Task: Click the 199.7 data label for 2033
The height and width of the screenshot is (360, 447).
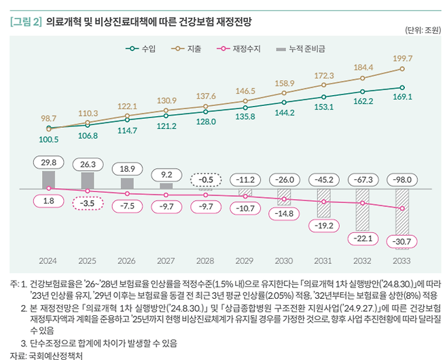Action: coord(403,58)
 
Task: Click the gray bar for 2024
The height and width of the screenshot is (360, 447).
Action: coord(48,179)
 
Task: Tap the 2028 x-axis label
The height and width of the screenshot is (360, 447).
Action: coord(206,261)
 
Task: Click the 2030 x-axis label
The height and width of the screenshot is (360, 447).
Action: coord(285,261)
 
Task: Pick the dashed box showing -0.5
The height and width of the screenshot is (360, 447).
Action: coord(206,179)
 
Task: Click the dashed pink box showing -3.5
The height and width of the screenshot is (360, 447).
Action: coord(88,203)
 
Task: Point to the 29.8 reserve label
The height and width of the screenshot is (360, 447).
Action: coord(48,163)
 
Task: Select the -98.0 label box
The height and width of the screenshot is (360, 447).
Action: coord(403,179)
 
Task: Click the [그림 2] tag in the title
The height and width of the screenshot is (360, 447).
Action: coord(25,22)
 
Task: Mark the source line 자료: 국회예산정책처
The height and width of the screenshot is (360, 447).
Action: coord(46,355)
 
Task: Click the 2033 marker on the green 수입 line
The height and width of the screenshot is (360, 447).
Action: coord(403,87)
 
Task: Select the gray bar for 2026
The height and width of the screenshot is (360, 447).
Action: coord(127,183)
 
